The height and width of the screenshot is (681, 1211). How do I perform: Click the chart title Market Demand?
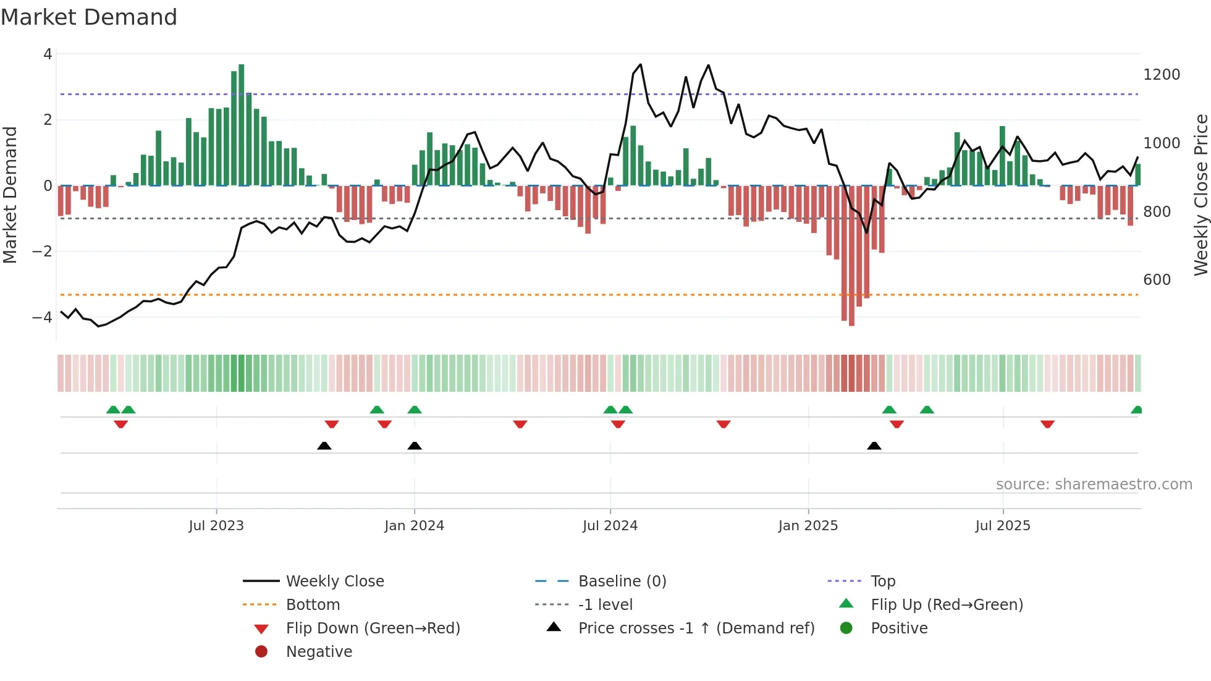click(x=89, y=17)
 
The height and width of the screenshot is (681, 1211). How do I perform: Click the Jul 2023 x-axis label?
click(x=216, y=526)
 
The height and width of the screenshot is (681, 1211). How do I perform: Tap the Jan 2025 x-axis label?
click(x=808, y=526)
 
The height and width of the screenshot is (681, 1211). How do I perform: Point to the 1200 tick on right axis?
click(x=1162, y=75)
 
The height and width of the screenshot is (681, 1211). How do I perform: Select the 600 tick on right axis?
click(x=1157, y=280)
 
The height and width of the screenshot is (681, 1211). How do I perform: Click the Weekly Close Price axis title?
click(x=1200, y=195)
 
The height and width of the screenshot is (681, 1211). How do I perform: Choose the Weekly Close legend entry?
click(x=334, y=582)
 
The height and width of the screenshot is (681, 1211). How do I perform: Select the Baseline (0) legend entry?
click(x=622, y=582)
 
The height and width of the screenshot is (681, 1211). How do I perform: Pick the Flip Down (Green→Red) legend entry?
click(x=373, y=628)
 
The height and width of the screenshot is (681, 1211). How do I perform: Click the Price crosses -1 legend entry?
click(x=696, y=628)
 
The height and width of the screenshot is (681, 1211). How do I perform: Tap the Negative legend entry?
click(x=319, y=652)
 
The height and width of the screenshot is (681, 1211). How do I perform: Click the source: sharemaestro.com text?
click(x=1094, y=484)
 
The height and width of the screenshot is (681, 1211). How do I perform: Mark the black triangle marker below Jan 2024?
click(x=415, y=446)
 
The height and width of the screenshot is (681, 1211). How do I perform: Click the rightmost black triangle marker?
click(x=874, y=446)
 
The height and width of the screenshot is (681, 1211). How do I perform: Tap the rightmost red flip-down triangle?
click(x=1047, y=424)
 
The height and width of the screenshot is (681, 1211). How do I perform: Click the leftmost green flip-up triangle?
click(x=113, y=410)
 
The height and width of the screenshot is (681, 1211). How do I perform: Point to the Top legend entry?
click(x=882, y=582)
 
